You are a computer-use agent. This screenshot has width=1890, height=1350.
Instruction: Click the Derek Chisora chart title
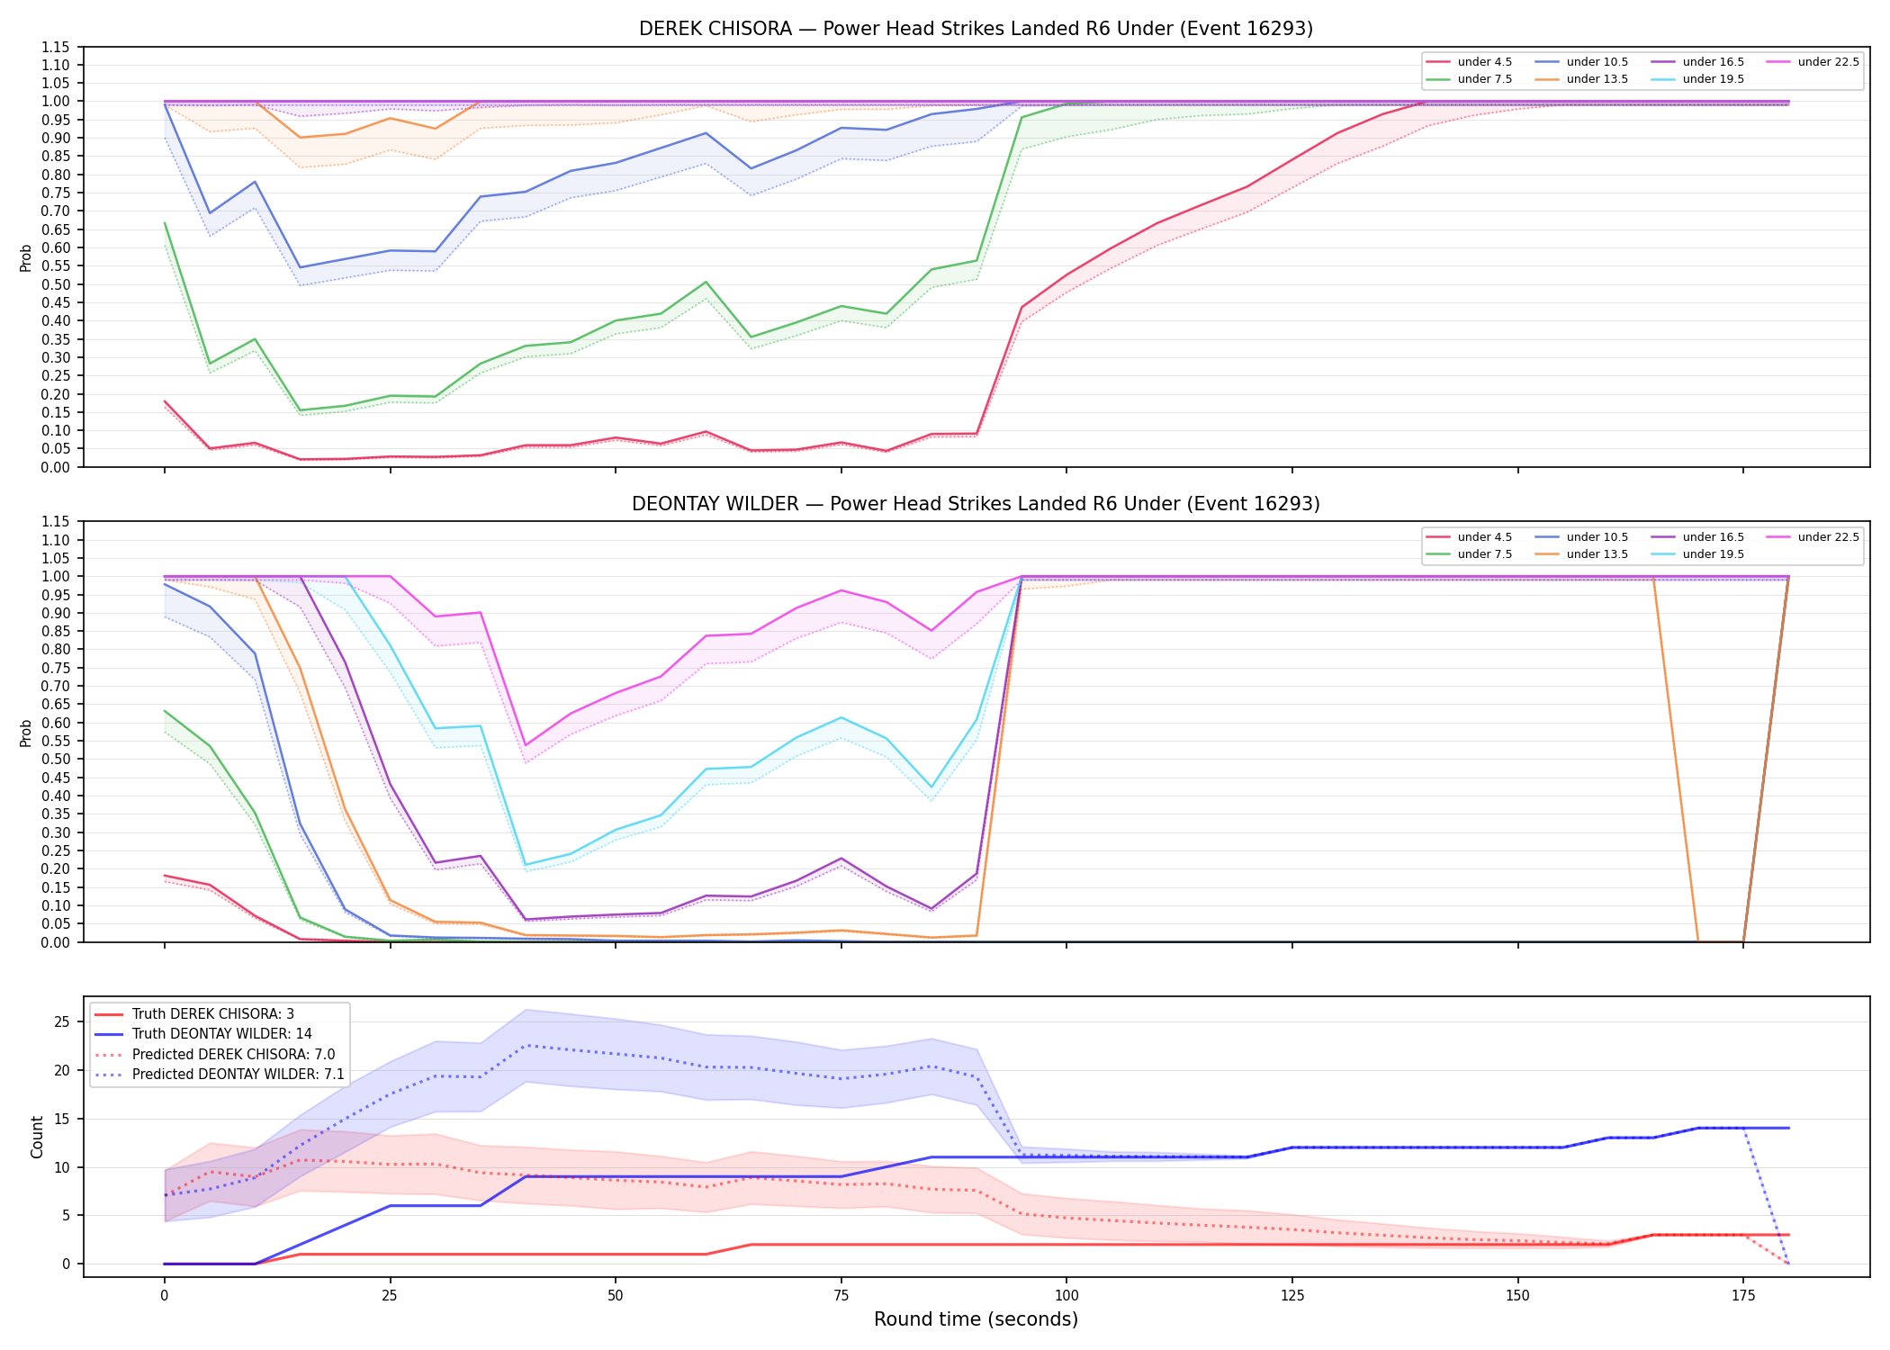pyautogui.click(x=976, y=29)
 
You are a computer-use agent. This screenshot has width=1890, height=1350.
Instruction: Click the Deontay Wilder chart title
pyautogui.click(x=976, y=504)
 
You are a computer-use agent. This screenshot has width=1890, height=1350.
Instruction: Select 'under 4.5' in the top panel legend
pyautogui.click(x=1484, y=62)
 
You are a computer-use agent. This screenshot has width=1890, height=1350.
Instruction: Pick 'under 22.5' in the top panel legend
pyautogui.click(x=1828, y=62)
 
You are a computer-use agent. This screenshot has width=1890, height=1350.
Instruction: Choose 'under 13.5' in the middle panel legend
pyautogui.click(x=1597, y=554)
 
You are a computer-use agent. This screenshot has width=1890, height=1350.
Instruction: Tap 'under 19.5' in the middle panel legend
pyautogui.click(x=1713, y=554)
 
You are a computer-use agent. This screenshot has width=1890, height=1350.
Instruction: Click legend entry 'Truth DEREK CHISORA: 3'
pyautogui.click(x=213, y=1014)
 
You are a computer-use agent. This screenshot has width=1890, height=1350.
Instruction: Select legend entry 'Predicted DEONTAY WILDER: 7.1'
pyautogui.click(x=238, y=1075)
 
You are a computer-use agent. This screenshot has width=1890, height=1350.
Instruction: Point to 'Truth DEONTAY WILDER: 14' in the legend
pyautogui.click(x=222, y=1034)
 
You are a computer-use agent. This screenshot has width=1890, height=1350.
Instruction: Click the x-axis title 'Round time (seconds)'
pyautogui.click(x=976, y=1319)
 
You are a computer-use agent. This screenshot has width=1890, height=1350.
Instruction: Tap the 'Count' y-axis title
pyautogui.click(x=37, y=1137)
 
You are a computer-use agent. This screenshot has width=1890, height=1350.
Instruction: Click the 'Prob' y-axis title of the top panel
pyautogui.click(x=26, y=257)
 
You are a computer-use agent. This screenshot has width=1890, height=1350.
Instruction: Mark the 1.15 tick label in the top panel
pyautogui.click(x=56, y=47)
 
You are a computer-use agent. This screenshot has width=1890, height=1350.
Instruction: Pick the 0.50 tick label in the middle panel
pyautogui.click(x=56, y=760)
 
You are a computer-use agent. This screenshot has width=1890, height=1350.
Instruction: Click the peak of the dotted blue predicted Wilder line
pyautogui.click(x=526, y=1045)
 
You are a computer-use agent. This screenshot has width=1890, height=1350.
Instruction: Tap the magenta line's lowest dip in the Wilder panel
pyautogui.click(x=526, y=746)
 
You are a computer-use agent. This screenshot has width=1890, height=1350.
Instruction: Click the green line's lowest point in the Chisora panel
pyautogui.click(x=300, y=410)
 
